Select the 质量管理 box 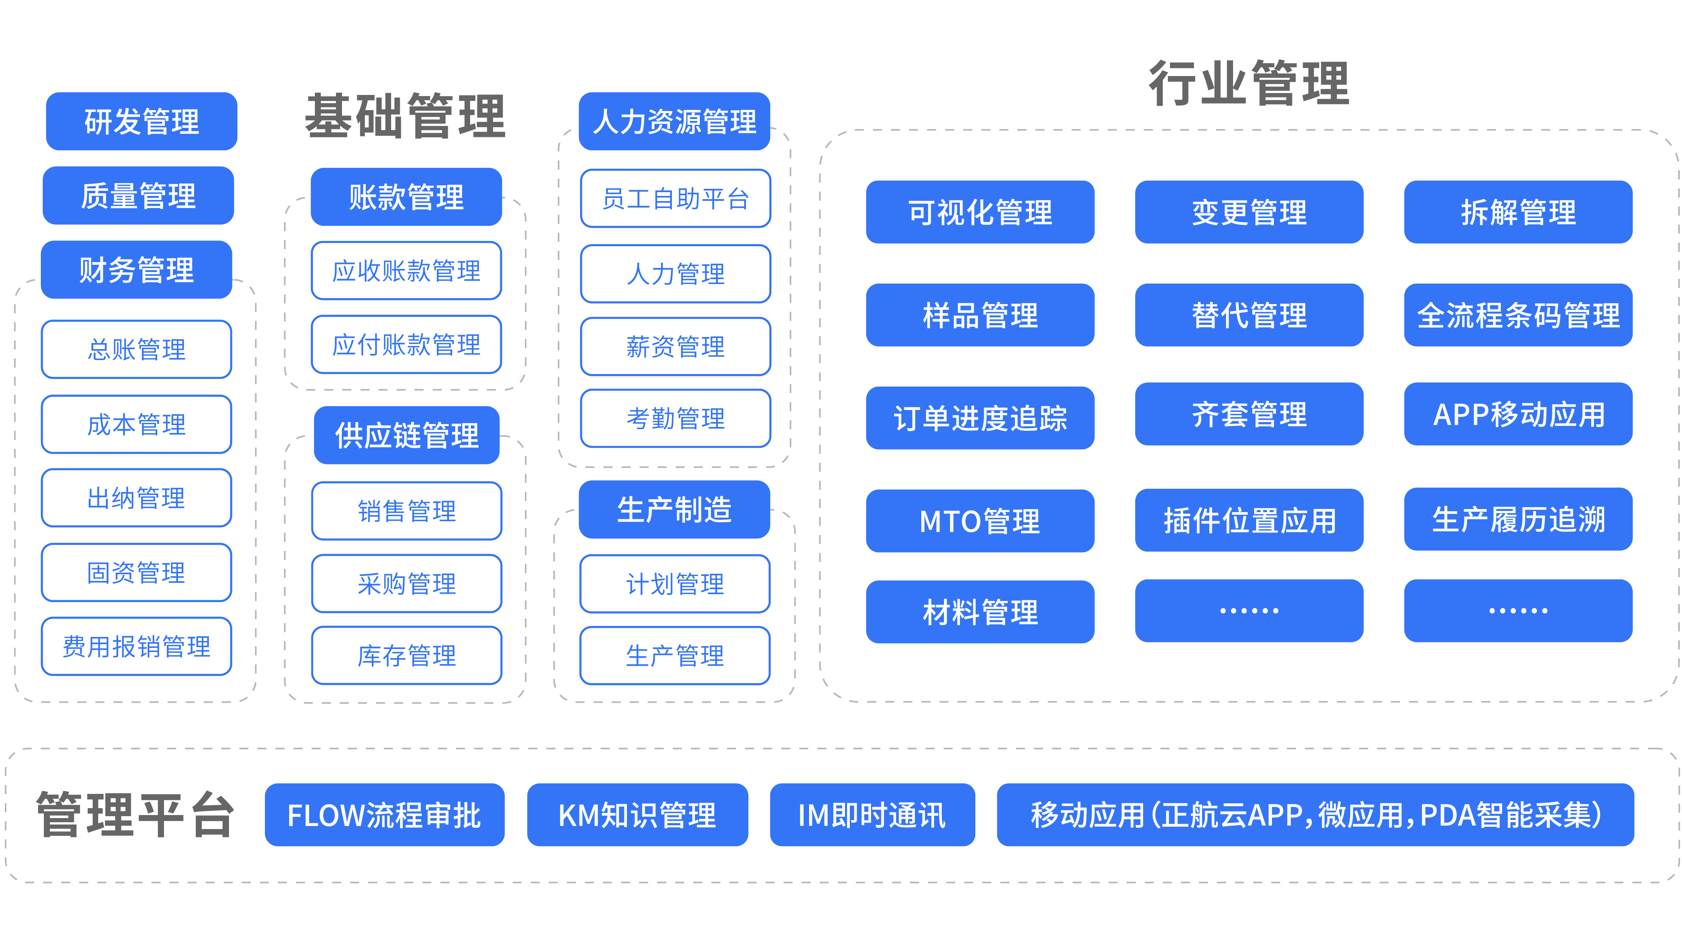[x=138, y=195]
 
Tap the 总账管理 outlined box [x=136, y=349]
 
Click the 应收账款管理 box [x=406, y=270]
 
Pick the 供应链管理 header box [x=406, y=435]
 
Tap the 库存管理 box [x=406, y=655]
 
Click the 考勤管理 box [x=675, y=418]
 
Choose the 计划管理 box [x=675, y=583]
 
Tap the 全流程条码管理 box [x=1518, y=315]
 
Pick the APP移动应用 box [x=1518, y=414]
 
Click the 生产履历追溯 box [x=1518, y=519]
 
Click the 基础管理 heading [x=405, y=116]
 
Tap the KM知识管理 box [x=637, y=815]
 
